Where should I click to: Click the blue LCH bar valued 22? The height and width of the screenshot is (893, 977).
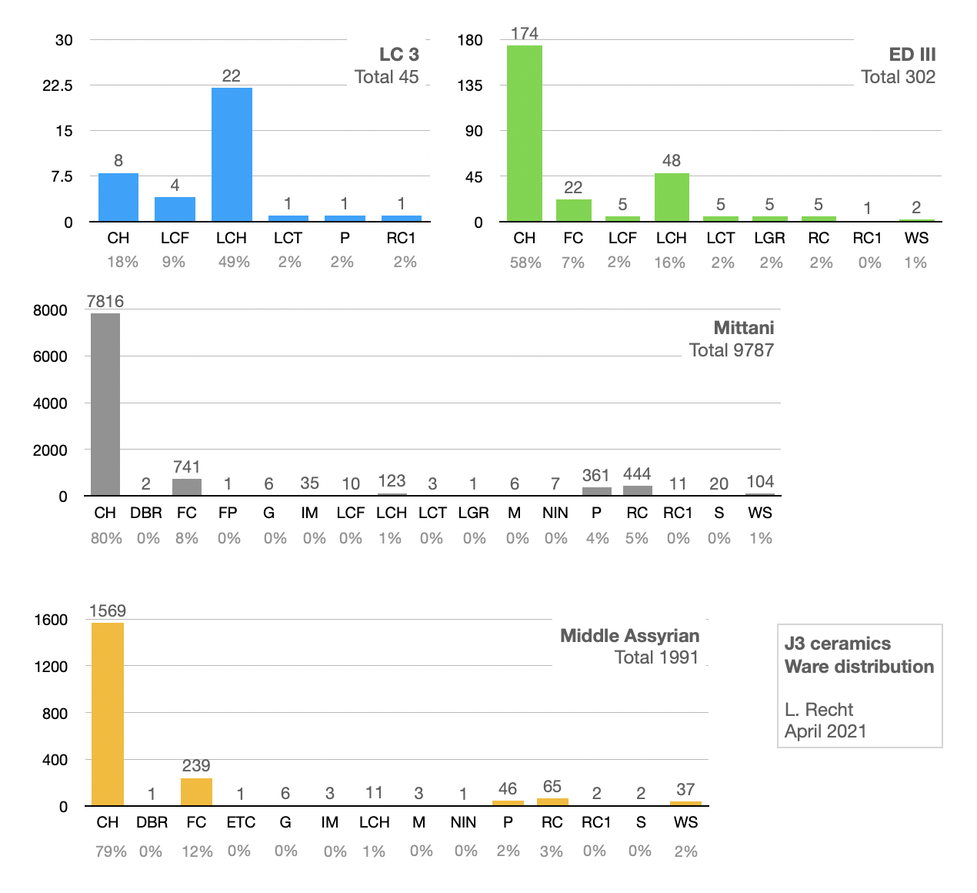[x=232, y=155]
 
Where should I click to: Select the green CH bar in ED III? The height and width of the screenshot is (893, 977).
[x=524, y=133]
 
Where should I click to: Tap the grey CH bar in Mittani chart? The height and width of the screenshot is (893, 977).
[x=105, y=404]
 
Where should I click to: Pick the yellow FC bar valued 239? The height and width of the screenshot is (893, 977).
[x=196, y=792]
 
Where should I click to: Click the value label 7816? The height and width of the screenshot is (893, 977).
[x=105, y=301]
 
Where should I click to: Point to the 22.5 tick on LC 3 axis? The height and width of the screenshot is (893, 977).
[x=58, y=85]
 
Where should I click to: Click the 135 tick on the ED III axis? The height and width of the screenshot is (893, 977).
[x=470, y=85]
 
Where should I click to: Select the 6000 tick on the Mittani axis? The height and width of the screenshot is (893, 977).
[x=50, y=356]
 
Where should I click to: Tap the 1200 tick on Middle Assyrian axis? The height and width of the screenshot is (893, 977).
[x=51, y=667]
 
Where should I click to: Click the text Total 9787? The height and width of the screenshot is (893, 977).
[x=731, y=350]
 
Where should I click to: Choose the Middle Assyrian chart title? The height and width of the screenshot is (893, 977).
[x=629, y=636]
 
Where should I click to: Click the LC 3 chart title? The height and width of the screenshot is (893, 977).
[x=398, y=55]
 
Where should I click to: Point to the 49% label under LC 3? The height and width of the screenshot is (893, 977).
[x=234, y=263]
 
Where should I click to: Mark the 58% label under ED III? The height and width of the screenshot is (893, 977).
[x=525, y=263]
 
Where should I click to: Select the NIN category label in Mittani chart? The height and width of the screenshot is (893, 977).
[x=555, y=513]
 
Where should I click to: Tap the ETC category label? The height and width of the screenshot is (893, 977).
[x=241, y=822]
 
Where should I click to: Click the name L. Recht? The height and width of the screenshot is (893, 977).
[x=819, y=710]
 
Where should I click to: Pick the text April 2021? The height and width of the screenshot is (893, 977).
[x=825, y=731]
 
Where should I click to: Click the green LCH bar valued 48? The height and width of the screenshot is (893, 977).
[x=672, y=198]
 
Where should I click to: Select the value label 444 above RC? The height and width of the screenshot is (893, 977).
[x=637, y=473]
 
